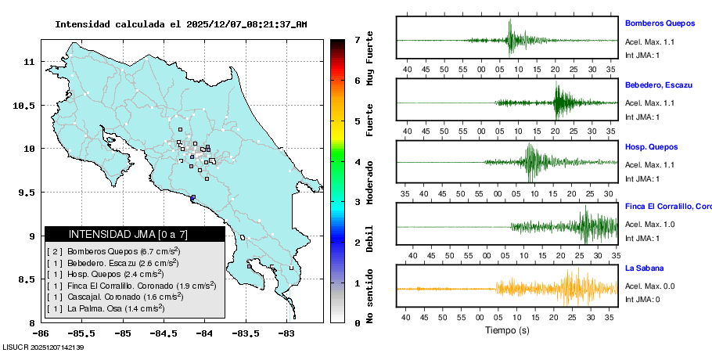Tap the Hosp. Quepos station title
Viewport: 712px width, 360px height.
pos(651,146)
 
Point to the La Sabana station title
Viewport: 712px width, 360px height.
pos(645,268)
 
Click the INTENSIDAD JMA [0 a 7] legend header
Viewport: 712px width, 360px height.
pos(135,234)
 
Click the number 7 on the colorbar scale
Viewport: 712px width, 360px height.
pos(357,39)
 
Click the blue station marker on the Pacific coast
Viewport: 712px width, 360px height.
pos(192,197)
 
